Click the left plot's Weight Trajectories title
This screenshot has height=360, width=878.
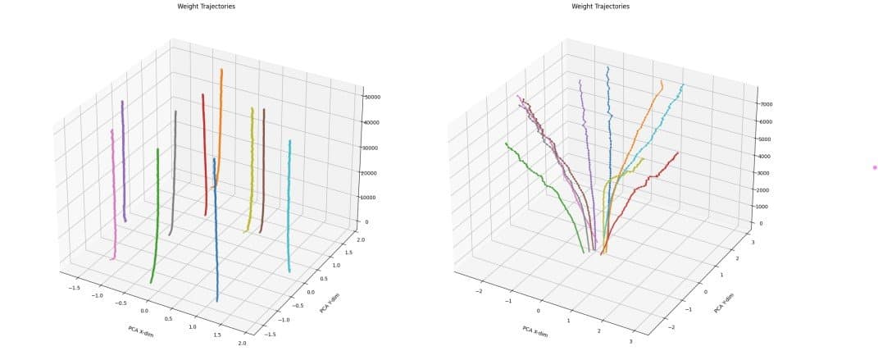pyautogui.click(x=198, y=6)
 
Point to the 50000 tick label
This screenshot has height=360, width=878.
pyautogui.click(x=374, y=97)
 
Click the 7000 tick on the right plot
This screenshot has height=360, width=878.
pyautogui.click(x=767, y=104)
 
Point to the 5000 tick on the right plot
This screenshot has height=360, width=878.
pyautogui.click(x=767, y=139)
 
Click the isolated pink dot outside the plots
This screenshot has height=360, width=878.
pyautogui.click(x=875, y=167)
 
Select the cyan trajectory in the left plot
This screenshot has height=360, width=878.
pyautogui.click(x=290, y=205)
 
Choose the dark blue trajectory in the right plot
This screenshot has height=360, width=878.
pyautogui.click(x=608, y=148)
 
